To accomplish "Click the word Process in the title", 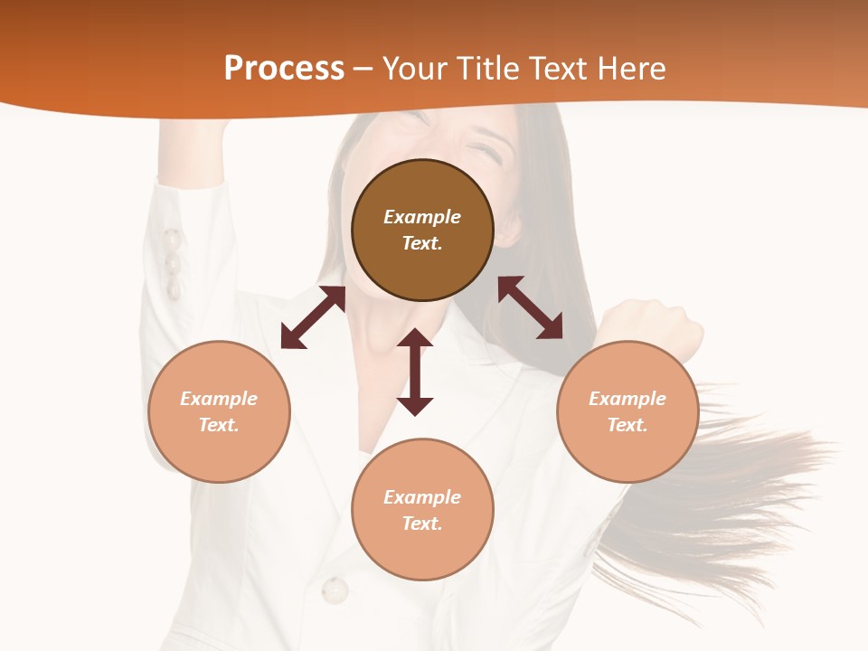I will click(x=284, y=69).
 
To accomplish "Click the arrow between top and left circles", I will click(x=313, y=317).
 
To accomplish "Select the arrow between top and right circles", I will click(x=531, y=307).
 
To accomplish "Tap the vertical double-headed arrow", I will click(x=415, y=372).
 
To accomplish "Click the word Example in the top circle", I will click(x=422, y=217).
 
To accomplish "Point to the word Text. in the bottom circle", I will click(x=422, y=524).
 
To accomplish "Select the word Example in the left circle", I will click(x=219, y=399).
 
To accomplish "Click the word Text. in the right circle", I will click(x=627, y=425).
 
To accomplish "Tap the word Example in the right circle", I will click(x=627, y=399).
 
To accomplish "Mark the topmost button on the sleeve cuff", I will click(x=171, y=241).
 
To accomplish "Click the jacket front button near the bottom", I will click(x=335, y=590).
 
